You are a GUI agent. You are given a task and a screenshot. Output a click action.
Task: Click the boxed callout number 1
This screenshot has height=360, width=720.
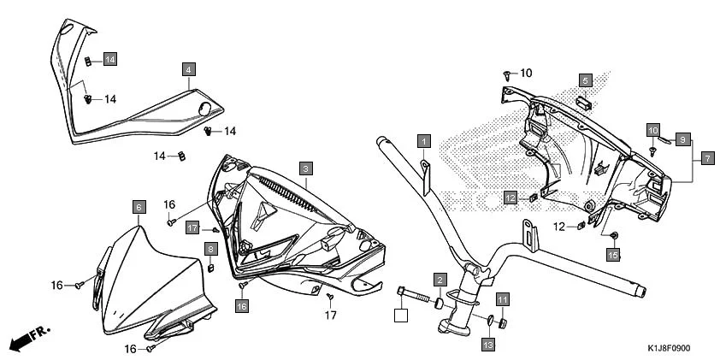click(423, 139)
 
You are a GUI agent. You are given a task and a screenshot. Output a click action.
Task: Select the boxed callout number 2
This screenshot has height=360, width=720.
click(439, 280)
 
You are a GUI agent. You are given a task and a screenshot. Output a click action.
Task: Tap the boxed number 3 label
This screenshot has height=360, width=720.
click(305, 168)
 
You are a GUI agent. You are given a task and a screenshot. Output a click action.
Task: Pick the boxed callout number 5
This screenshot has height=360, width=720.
click(585, 80)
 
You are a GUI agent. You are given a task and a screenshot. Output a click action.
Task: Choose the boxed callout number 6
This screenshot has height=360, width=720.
click(138, 206)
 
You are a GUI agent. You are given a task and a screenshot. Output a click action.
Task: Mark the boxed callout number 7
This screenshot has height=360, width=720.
click(707, 158)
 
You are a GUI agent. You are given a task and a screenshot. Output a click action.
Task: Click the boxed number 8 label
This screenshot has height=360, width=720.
click(209, 248)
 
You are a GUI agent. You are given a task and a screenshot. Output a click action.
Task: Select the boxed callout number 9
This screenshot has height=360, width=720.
click(682, 139)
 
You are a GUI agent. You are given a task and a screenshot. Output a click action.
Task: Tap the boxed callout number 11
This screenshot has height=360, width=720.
click(503, 299)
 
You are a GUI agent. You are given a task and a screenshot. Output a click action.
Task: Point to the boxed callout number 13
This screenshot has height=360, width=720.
click(487, 345)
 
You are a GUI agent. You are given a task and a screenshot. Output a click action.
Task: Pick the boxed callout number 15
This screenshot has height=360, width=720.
click(612, 254)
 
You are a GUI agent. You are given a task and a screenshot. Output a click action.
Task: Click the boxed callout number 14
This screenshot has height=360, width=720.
click(110, 58)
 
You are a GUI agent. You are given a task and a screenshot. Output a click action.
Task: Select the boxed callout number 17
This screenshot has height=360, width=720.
click(192, 228)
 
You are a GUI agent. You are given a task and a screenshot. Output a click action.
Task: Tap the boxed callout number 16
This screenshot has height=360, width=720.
click(242, 305)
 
